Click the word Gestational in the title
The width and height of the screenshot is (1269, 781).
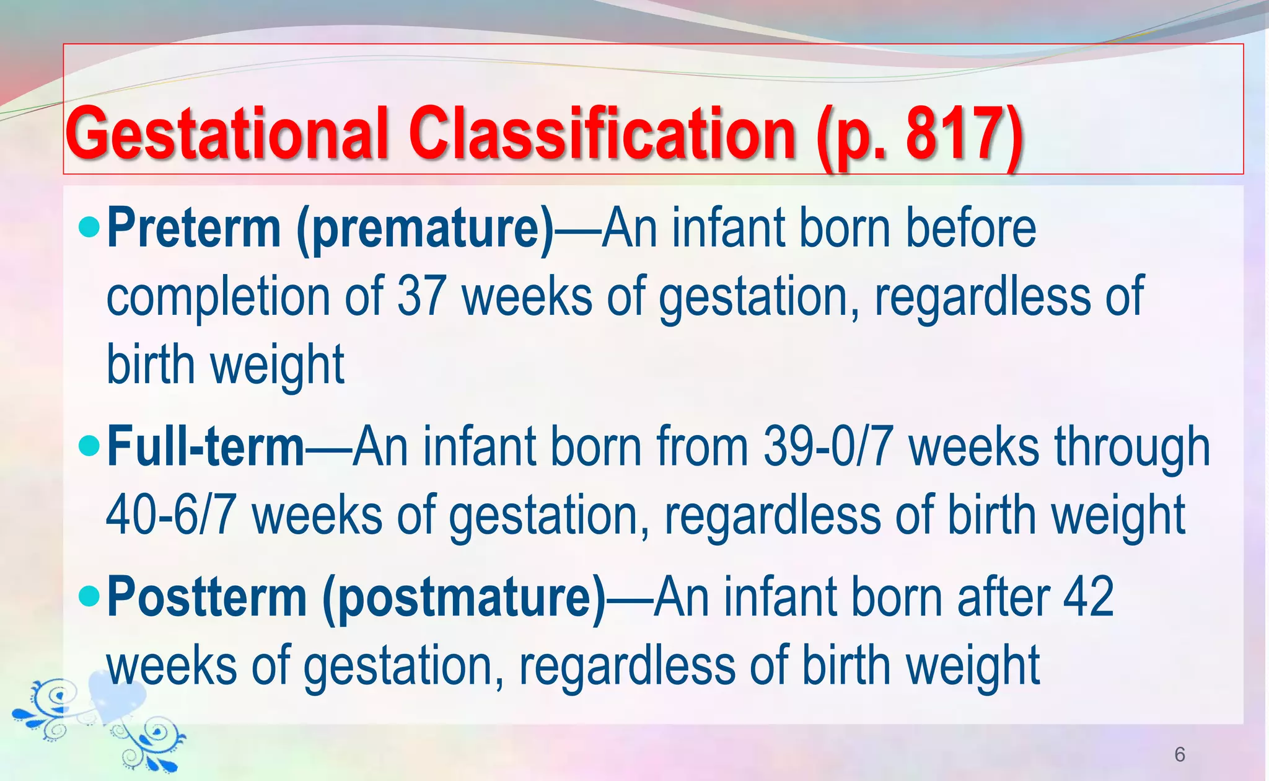[227, 133]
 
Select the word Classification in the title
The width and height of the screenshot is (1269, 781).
[602, 133]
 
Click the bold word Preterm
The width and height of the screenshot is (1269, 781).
[194, 228]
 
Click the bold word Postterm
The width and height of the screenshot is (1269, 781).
[207, 596]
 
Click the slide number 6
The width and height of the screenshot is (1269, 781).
[1180, 754]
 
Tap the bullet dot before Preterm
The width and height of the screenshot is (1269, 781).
[90, 227]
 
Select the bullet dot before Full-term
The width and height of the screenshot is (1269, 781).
[90, 446]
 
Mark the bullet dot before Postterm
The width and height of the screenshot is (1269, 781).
[90, 596]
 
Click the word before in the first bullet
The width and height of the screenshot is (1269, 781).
[971, 228]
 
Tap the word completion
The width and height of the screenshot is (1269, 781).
[218, 297]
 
